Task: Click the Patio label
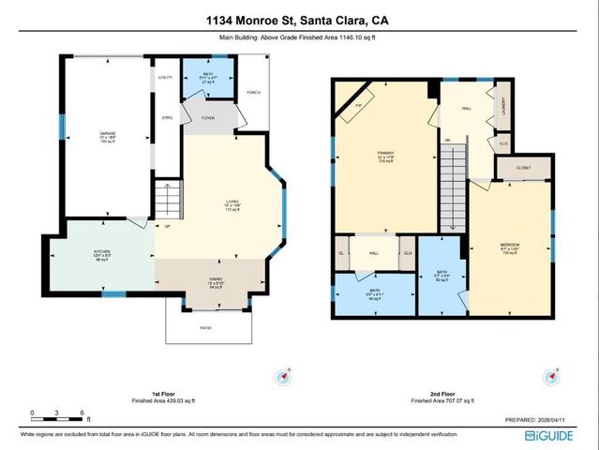[x=204, y=327]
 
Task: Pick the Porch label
[x=252, y=93]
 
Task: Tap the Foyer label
[x=208, y=117]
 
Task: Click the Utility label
[x=166, y=78]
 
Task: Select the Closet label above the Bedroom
[x=523, y=169]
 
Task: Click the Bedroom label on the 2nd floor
[x=510, y=248]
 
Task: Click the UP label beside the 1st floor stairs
[x=168, y=226]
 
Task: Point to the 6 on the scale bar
[x=84, y=412]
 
